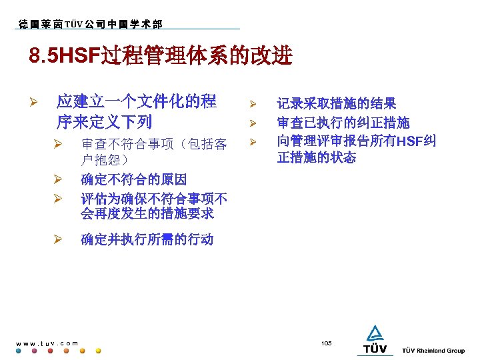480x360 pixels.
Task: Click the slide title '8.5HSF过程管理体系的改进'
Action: pyautogui.click(x=161, y=57)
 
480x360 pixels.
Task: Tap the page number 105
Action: pyautogui.click(x=326, y=343)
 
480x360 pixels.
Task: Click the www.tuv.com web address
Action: pyautogui.click(x=46, y=343)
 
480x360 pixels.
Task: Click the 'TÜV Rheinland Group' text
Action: pyautogui.click(x=433, y=351)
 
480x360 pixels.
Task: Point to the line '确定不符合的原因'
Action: pyautogui.click(x=133, y=179)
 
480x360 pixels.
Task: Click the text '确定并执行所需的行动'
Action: pyautogui.click(x=147, y=239)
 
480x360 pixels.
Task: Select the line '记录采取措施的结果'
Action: pyautogui.click(x=337, y=103)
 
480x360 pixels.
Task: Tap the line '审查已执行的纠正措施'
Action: pyautogui.click(x=343, y=123)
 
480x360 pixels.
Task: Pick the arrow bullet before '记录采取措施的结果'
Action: pyautogui.click(x=253, y=104)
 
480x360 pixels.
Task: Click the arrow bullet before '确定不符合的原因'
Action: pyautogui.click(x=58, y=180)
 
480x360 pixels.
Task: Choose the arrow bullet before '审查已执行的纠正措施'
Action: pyautogui.click(x=253, y=123)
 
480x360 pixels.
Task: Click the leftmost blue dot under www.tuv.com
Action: pyautogui.click(x=19, y=351)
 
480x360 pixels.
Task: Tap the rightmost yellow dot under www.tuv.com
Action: pyautogui.click(x=99, y=351)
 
